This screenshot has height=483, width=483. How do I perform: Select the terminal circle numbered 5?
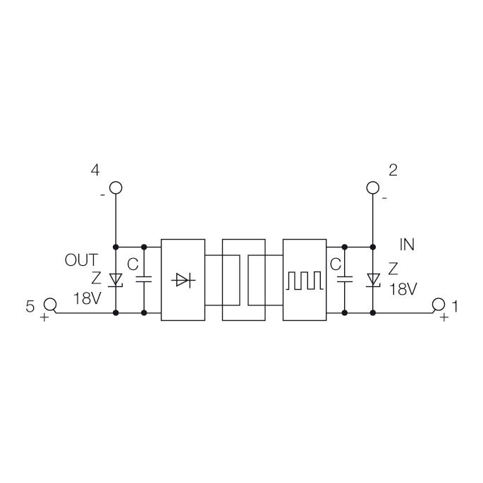coord(50,305)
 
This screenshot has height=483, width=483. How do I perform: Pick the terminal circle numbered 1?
coord(439,305)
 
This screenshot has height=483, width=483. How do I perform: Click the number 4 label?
coord(94,170)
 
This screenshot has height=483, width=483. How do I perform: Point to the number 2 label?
coord(393,170)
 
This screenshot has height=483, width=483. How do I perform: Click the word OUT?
coord(82,260)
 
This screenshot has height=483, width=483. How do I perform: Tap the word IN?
coord(407,245)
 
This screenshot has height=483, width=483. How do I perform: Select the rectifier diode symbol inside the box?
coord(183,280)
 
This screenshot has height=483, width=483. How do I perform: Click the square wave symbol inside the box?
coord(305,280)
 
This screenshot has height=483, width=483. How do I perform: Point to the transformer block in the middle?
coord(244,280)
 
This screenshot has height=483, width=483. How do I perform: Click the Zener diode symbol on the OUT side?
coord(116,280)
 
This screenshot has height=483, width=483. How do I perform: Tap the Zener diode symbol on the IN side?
coord(374,280)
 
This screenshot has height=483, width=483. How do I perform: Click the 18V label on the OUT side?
coord(86,298)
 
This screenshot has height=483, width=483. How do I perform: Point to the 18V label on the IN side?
coord(403,288)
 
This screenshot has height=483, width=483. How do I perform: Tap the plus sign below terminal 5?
coord(44,318)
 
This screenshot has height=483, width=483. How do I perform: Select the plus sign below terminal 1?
coord(444,318)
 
